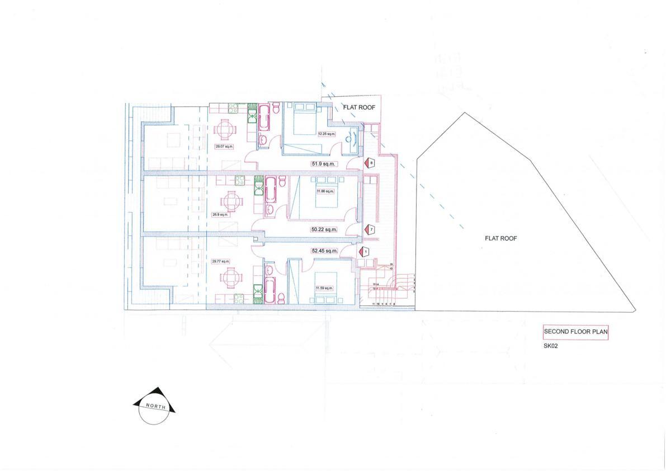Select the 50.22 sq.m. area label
tap(324, 229)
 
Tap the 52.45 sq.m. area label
tap(325, 251)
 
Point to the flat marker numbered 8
tap(370, 163)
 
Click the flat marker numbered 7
tap(370, 229)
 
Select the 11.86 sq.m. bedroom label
tap(325, 191)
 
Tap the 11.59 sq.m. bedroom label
tap(324, 289)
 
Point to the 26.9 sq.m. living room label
tap(220, 214)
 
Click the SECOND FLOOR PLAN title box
tap(576, 332)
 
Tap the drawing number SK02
tap(551, 346)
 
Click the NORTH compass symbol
tap(154, 407)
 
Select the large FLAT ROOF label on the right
tap(500, 238)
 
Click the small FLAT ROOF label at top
tap(358, 107)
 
